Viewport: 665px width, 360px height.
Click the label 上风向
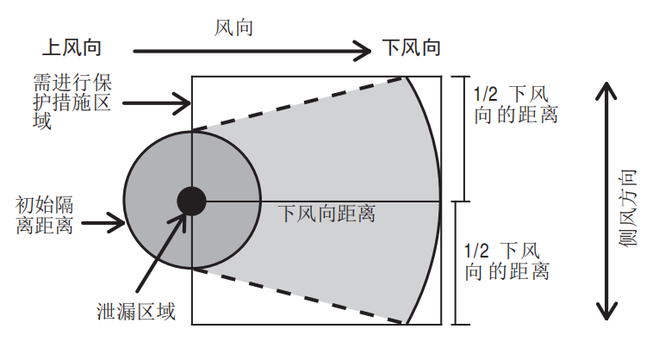(71, 47)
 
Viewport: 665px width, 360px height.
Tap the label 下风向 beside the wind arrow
(412, 47)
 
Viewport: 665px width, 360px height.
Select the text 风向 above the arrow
(233, 28)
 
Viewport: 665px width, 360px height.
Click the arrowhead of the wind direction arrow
(364, 52)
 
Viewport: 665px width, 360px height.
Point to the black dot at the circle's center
(192, 201)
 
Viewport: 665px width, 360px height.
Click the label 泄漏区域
(136, 312)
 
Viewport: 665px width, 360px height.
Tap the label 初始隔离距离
(44, 215)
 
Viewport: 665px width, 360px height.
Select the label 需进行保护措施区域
(72, 102)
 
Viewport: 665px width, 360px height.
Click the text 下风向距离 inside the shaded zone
(326, 214)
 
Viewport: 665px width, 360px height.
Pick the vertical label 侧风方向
(628, 208)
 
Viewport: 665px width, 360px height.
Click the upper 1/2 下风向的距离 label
(515, 104)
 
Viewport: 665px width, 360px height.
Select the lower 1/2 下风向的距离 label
(507, 262)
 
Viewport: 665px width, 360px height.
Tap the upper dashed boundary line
(297, 104)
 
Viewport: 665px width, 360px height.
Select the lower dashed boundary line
(297, 296)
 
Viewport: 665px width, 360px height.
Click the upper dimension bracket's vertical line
(465, 139)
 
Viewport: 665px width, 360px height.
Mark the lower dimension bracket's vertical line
(456, 263)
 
